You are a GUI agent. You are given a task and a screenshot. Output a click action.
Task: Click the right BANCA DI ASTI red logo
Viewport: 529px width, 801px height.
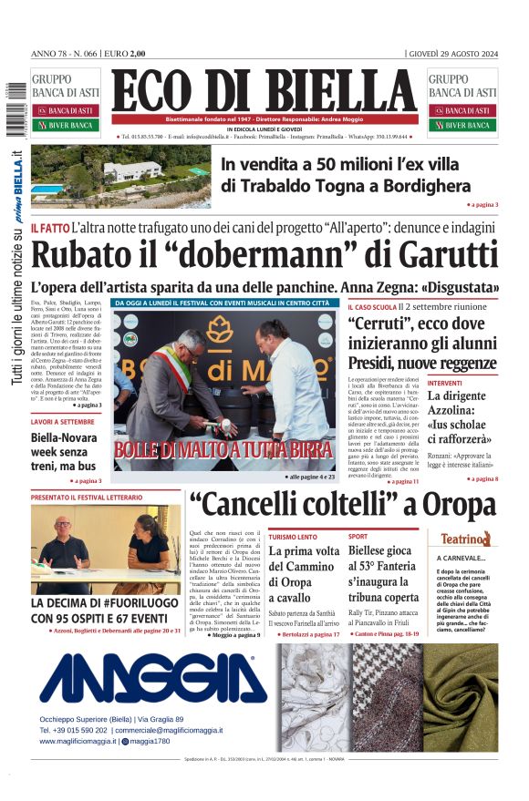[462, 110]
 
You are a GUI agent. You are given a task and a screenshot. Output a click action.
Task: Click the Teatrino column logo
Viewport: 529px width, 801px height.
[466, 539]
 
